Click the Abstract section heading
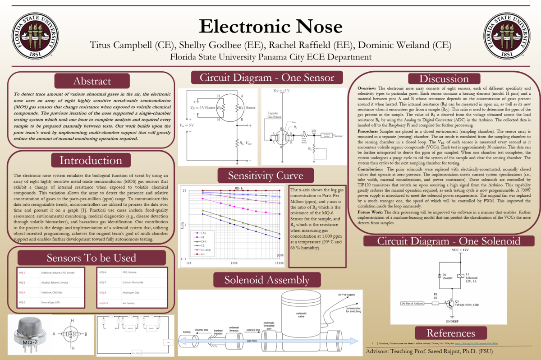pyautogui.click(x=92, y=81)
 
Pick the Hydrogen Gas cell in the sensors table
pyautogui.click(x=131, y=293)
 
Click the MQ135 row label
pyautogui.click(x=103, y=303)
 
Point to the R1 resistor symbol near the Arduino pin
pyautogui.click(x=435, y=304)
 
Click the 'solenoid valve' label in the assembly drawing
pyautogui.click(x=301, y=315)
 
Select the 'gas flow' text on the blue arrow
pyautogui.click(x=252, y=341)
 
